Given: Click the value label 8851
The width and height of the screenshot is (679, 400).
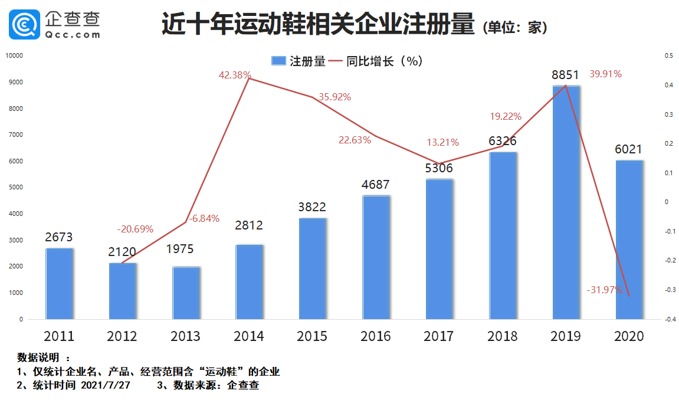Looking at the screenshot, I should tap(566, 75).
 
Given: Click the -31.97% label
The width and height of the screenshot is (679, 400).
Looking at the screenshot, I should tap(604, 290).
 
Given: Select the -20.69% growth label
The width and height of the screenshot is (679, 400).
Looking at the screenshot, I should tap(135, 229).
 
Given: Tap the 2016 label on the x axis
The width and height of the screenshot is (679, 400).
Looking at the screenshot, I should tap(376, 336).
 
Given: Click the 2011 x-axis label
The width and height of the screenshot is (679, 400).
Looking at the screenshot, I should tap(59, 336).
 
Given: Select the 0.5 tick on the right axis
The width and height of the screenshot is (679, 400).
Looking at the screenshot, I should tap(668, 55).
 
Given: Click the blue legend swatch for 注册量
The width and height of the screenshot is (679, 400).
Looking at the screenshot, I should tap(278, 61).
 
